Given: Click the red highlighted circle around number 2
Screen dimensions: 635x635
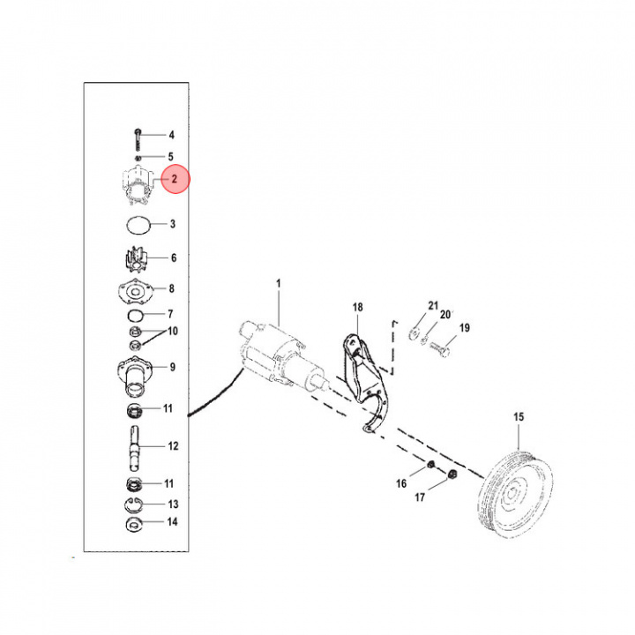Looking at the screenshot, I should click(x=175, y=179).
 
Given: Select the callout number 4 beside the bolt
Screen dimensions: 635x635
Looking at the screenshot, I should click(x=172, y=135).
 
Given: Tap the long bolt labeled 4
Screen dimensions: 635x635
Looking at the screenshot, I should click(x=139, y=137).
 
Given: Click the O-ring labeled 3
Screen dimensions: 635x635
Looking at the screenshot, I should click(x=136, y=224).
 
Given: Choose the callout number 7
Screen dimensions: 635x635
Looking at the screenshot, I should click(x=172, y=314).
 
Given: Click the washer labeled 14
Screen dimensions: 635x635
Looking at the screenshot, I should click(x=134, y=524).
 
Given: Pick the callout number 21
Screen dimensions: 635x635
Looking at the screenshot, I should click(x=432, y=306).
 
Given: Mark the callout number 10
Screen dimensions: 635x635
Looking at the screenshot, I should click(x=173, y=331).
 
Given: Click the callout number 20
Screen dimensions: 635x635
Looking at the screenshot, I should click(x=445, y=315).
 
